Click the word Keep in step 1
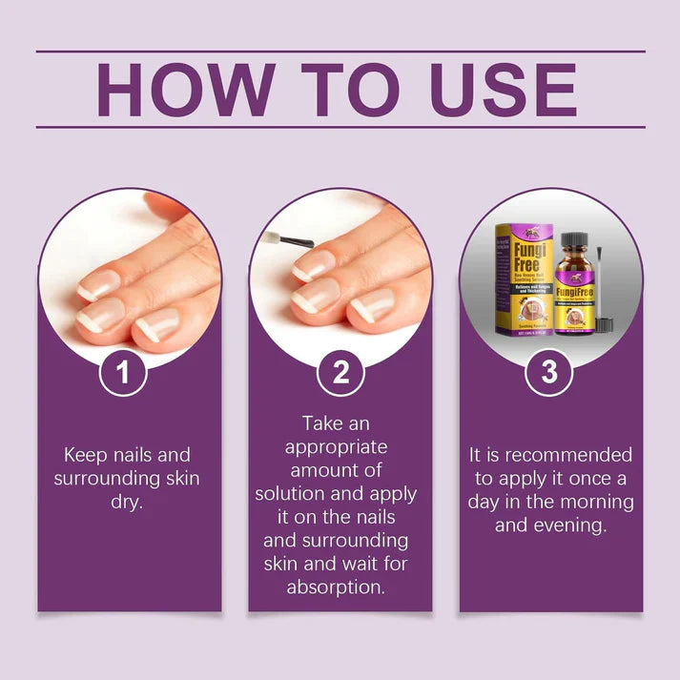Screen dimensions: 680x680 82,454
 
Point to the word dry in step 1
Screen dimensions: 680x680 128,502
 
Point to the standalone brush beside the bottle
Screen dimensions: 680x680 605,286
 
